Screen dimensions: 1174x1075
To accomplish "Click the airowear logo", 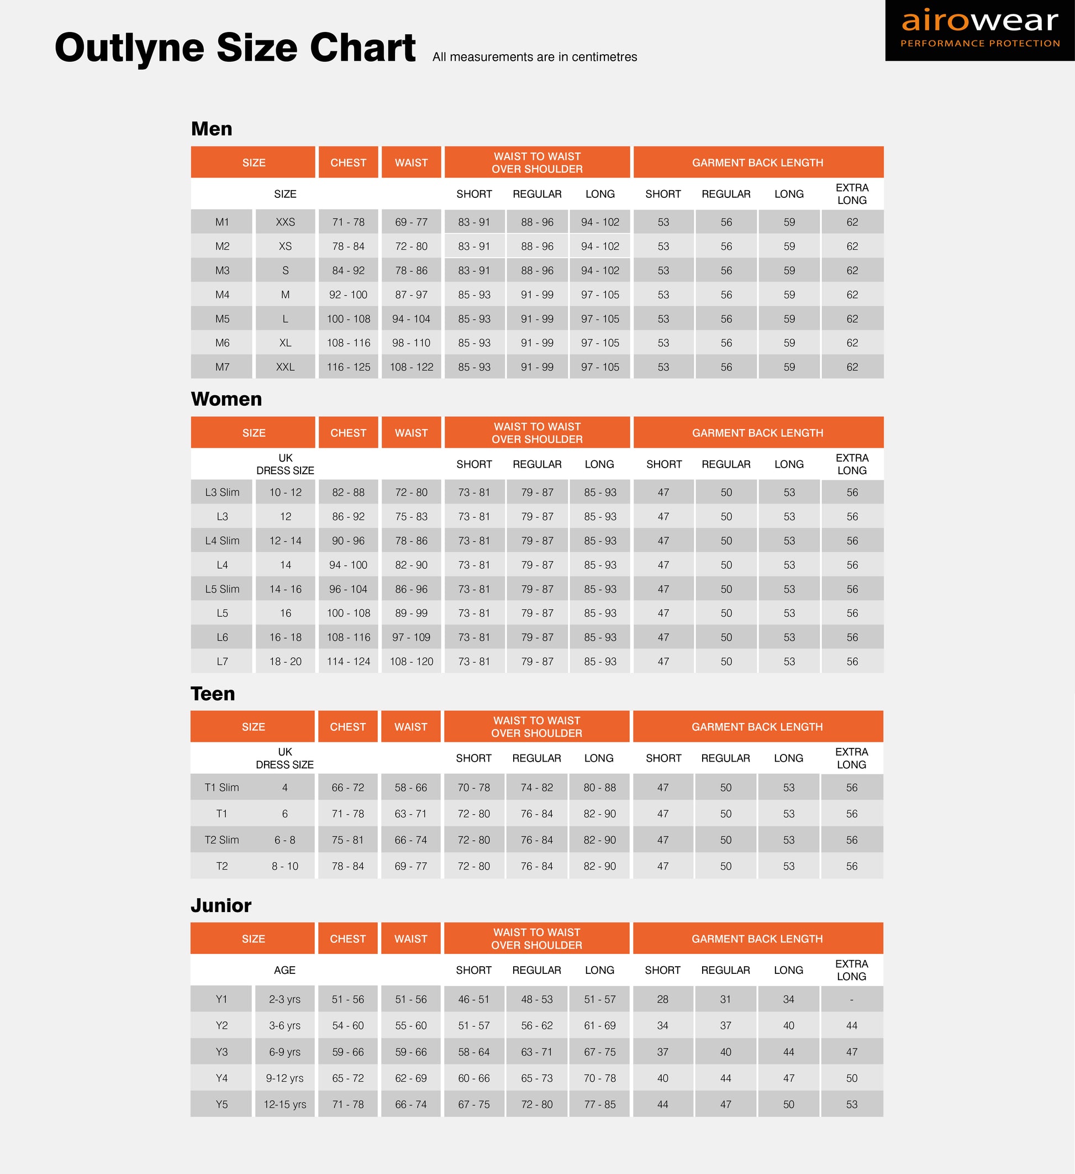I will click(979, 30).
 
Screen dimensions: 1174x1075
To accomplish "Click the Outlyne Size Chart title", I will click(235, 48).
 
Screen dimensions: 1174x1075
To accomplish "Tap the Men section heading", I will click(211, 129).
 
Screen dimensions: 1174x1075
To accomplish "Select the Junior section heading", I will click(220, 905).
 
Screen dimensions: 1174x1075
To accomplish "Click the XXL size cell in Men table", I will click(285, 367).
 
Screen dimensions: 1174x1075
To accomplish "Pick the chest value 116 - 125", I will click(348, 367).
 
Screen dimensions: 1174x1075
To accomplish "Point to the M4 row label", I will click(222, 295).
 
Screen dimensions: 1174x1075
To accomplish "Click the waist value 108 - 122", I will click(412, 367).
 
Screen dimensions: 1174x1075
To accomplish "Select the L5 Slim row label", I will click(222, 589).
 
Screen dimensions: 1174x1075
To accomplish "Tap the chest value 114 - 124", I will click(348, 662).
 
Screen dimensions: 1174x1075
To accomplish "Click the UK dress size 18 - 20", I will click(285, 662).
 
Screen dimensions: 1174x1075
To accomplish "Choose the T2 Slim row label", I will click(222, 840).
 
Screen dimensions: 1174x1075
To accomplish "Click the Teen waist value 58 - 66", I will click(411, 787).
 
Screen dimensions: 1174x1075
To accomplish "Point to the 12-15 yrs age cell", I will click(284, 1104).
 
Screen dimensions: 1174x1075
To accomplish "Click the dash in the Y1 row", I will click(851, 999).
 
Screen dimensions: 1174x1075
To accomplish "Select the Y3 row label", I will click(222, 1052).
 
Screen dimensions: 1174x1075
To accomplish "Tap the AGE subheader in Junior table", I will click(284, 970).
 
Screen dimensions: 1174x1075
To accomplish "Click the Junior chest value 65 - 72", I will click(347, 1078).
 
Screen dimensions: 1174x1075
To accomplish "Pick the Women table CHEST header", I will click(348, 433).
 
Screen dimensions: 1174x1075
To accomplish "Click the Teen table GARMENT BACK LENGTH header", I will click(757, 727).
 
